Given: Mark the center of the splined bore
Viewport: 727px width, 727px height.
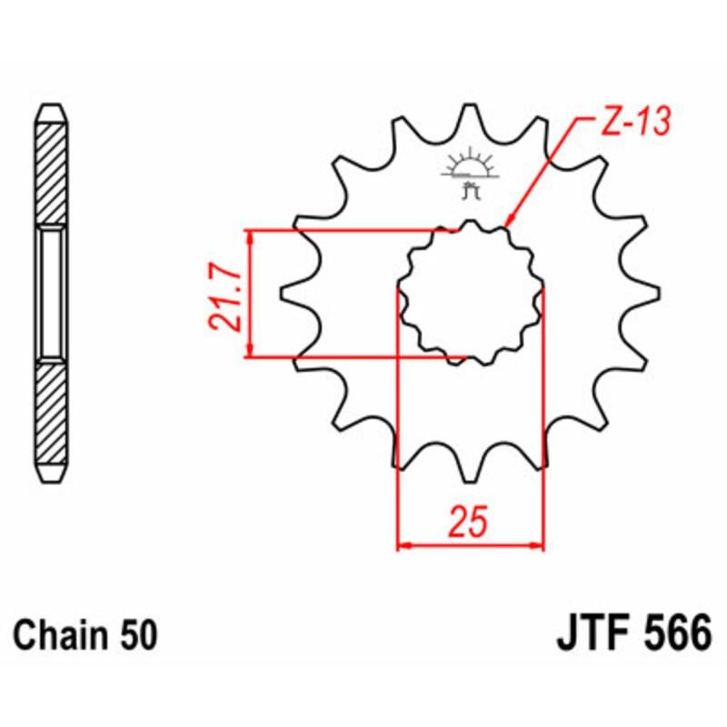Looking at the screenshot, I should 471,293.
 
